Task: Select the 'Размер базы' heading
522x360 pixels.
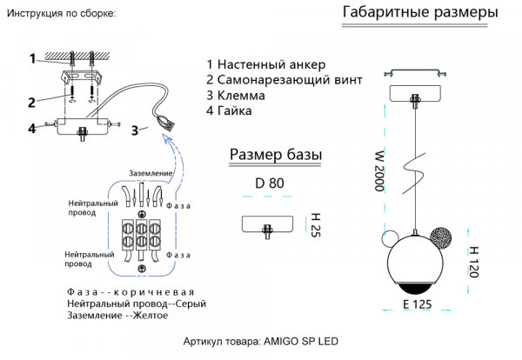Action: [x=275, y=155]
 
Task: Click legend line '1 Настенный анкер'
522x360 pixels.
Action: [x=265, y=64]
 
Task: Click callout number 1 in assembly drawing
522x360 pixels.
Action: [x=32, y=59]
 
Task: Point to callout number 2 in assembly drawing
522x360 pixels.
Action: [x=30, y=102]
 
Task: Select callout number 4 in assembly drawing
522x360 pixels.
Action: [x=30, y=129]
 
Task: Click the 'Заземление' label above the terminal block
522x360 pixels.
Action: [x=151, y=173]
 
